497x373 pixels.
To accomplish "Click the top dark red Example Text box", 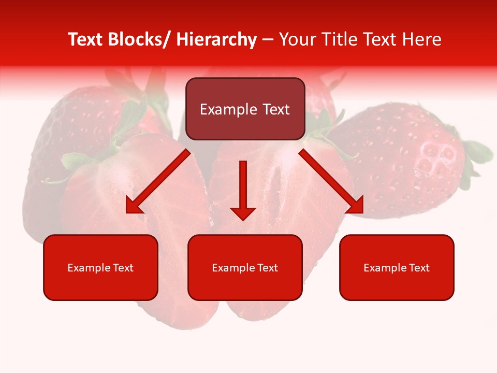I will point(245,109).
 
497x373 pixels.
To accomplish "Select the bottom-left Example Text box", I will point(100,267).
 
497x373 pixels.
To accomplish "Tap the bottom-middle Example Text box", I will point(245,267).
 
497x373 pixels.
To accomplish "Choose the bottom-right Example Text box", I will point(397,267).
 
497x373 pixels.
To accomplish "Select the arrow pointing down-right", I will point(332,181).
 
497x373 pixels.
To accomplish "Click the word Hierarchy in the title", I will point(216,39).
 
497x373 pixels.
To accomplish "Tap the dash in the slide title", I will point(268,40).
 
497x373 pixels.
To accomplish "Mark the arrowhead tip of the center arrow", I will point(243,219).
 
